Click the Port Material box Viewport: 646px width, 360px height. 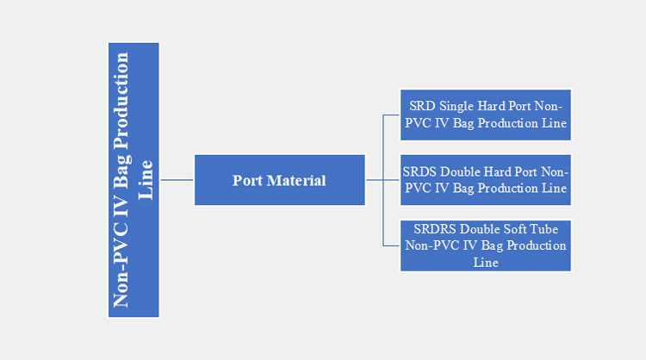[x=279, y=180]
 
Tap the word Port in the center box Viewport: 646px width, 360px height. [x=247, y=180]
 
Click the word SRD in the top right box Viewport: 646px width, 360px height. [x=422, y=107]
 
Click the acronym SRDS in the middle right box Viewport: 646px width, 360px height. [x=419, y=171]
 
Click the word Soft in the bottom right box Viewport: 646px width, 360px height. [x=511, y=229]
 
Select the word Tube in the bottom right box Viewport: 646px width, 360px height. [x=543, y=229]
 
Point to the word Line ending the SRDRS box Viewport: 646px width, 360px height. [x=486, y=262]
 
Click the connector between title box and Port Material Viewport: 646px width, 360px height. [x=177, y=180]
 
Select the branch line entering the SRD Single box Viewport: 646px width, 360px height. [x=392, y=115]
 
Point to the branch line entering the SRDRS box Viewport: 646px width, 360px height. [x=392, y=245]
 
